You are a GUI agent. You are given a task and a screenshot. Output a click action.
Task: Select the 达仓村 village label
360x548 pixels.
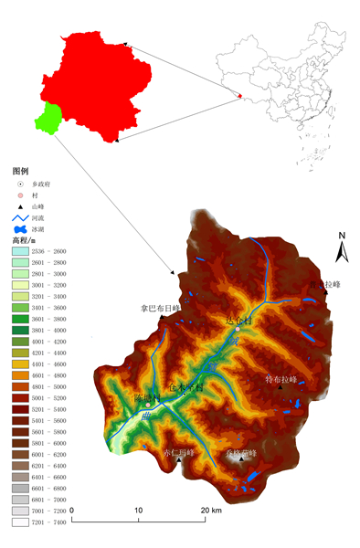tap(237, 321)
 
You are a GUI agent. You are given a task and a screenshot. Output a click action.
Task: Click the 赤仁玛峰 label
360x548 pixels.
tap(177, 451)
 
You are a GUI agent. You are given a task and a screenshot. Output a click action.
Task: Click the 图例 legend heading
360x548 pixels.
tap(21, 171)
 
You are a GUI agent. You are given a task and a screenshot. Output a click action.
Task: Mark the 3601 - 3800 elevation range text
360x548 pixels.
tap(50, 319)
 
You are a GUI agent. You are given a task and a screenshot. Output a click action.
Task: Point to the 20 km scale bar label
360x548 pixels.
tap(211, 510)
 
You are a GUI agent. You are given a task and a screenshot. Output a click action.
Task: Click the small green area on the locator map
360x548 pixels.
tap(48, 117)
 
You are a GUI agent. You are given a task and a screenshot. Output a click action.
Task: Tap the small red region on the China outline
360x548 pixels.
tap(240, 95)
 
